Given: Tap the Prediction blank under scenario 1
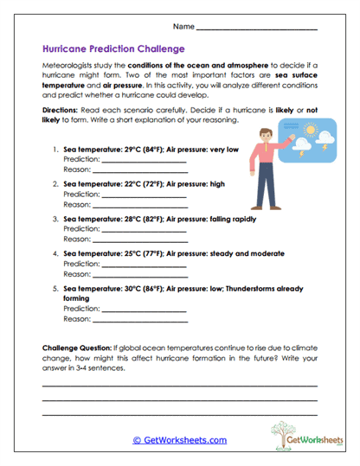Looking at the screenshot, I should (x=144, y=162).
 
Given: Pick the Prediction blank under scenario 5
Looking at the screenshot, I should (x=144, y=310).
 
